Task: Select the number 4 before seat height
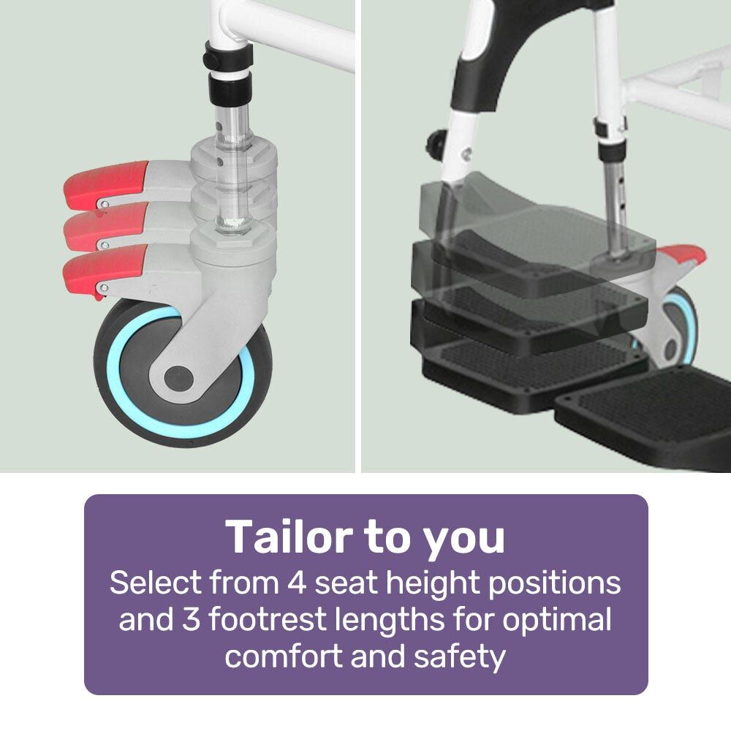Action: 297,583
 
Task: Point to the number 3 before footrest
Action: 191,619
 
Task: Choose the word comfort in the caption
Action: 284,656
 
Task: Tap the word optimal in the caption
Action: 557,621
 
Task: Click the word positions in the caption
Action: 554,584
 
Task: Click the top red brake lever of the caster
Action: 105,184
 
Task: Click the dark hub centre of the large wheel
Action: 178,378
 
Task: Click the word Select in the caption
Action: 156,583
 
